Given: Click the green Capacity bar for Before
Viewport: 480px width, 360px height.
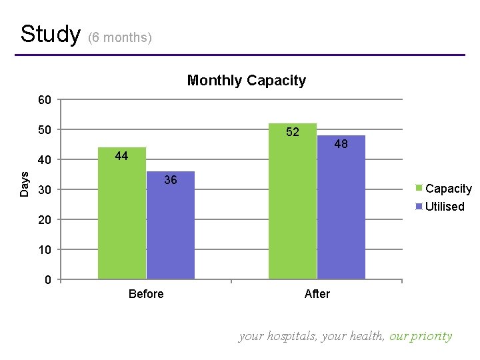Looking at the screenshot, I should point(122,213).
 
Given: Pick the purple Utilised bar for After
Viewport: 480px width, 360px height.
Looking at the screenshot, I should point(341,207).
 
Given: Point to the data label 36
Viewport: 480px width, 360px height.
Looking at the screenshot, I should point(171,180).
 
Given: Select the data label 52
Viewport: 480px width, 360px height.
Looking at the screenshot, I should point(293,132).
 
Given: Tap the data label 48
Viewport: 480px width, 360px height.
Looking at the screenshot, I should point(341,143).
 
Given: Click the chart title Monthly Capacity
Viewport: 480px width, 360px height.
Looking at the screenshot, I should point(246,81).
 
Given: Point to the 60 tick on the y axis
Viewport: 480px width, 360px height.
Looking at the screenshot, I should point(45,100).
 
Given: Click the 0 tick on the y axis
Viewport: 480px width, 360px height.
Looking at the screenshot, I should point(47,280).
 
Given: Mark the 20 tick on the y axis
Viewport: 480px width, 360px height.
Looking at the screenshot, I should point(45,220).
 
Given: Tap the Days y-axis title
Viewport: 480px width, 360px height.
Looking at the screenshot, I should point(25,184).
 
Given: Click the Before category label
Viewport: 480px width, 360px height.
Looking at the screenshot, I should point(146,294).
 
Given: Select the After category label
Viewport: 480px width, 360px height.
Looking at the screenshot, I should point(317,294).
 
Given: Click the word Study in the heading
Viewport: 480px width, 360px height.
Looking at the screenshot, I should point(50,33).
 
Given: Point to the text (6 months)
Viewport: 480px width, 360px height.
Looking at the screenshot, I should point(120,37).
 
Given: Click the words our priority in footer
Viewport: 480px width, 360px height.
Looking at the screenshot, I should point(421,336).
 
